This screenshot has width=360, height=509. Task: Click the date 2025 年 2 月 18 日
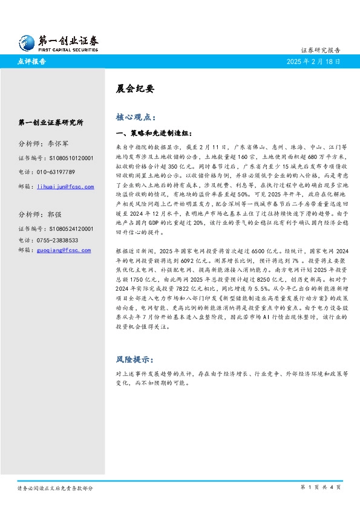(313, 62)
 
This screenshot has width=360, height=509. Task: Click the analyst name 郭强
(54, 214)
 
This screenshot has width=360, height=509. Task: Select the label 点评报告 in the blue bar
(33, 62)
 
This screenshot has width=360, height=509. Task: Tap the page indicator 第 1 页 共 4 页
(321, 487)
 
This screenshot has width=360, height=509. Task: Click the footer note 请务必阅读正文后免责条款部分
(55, 487)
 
